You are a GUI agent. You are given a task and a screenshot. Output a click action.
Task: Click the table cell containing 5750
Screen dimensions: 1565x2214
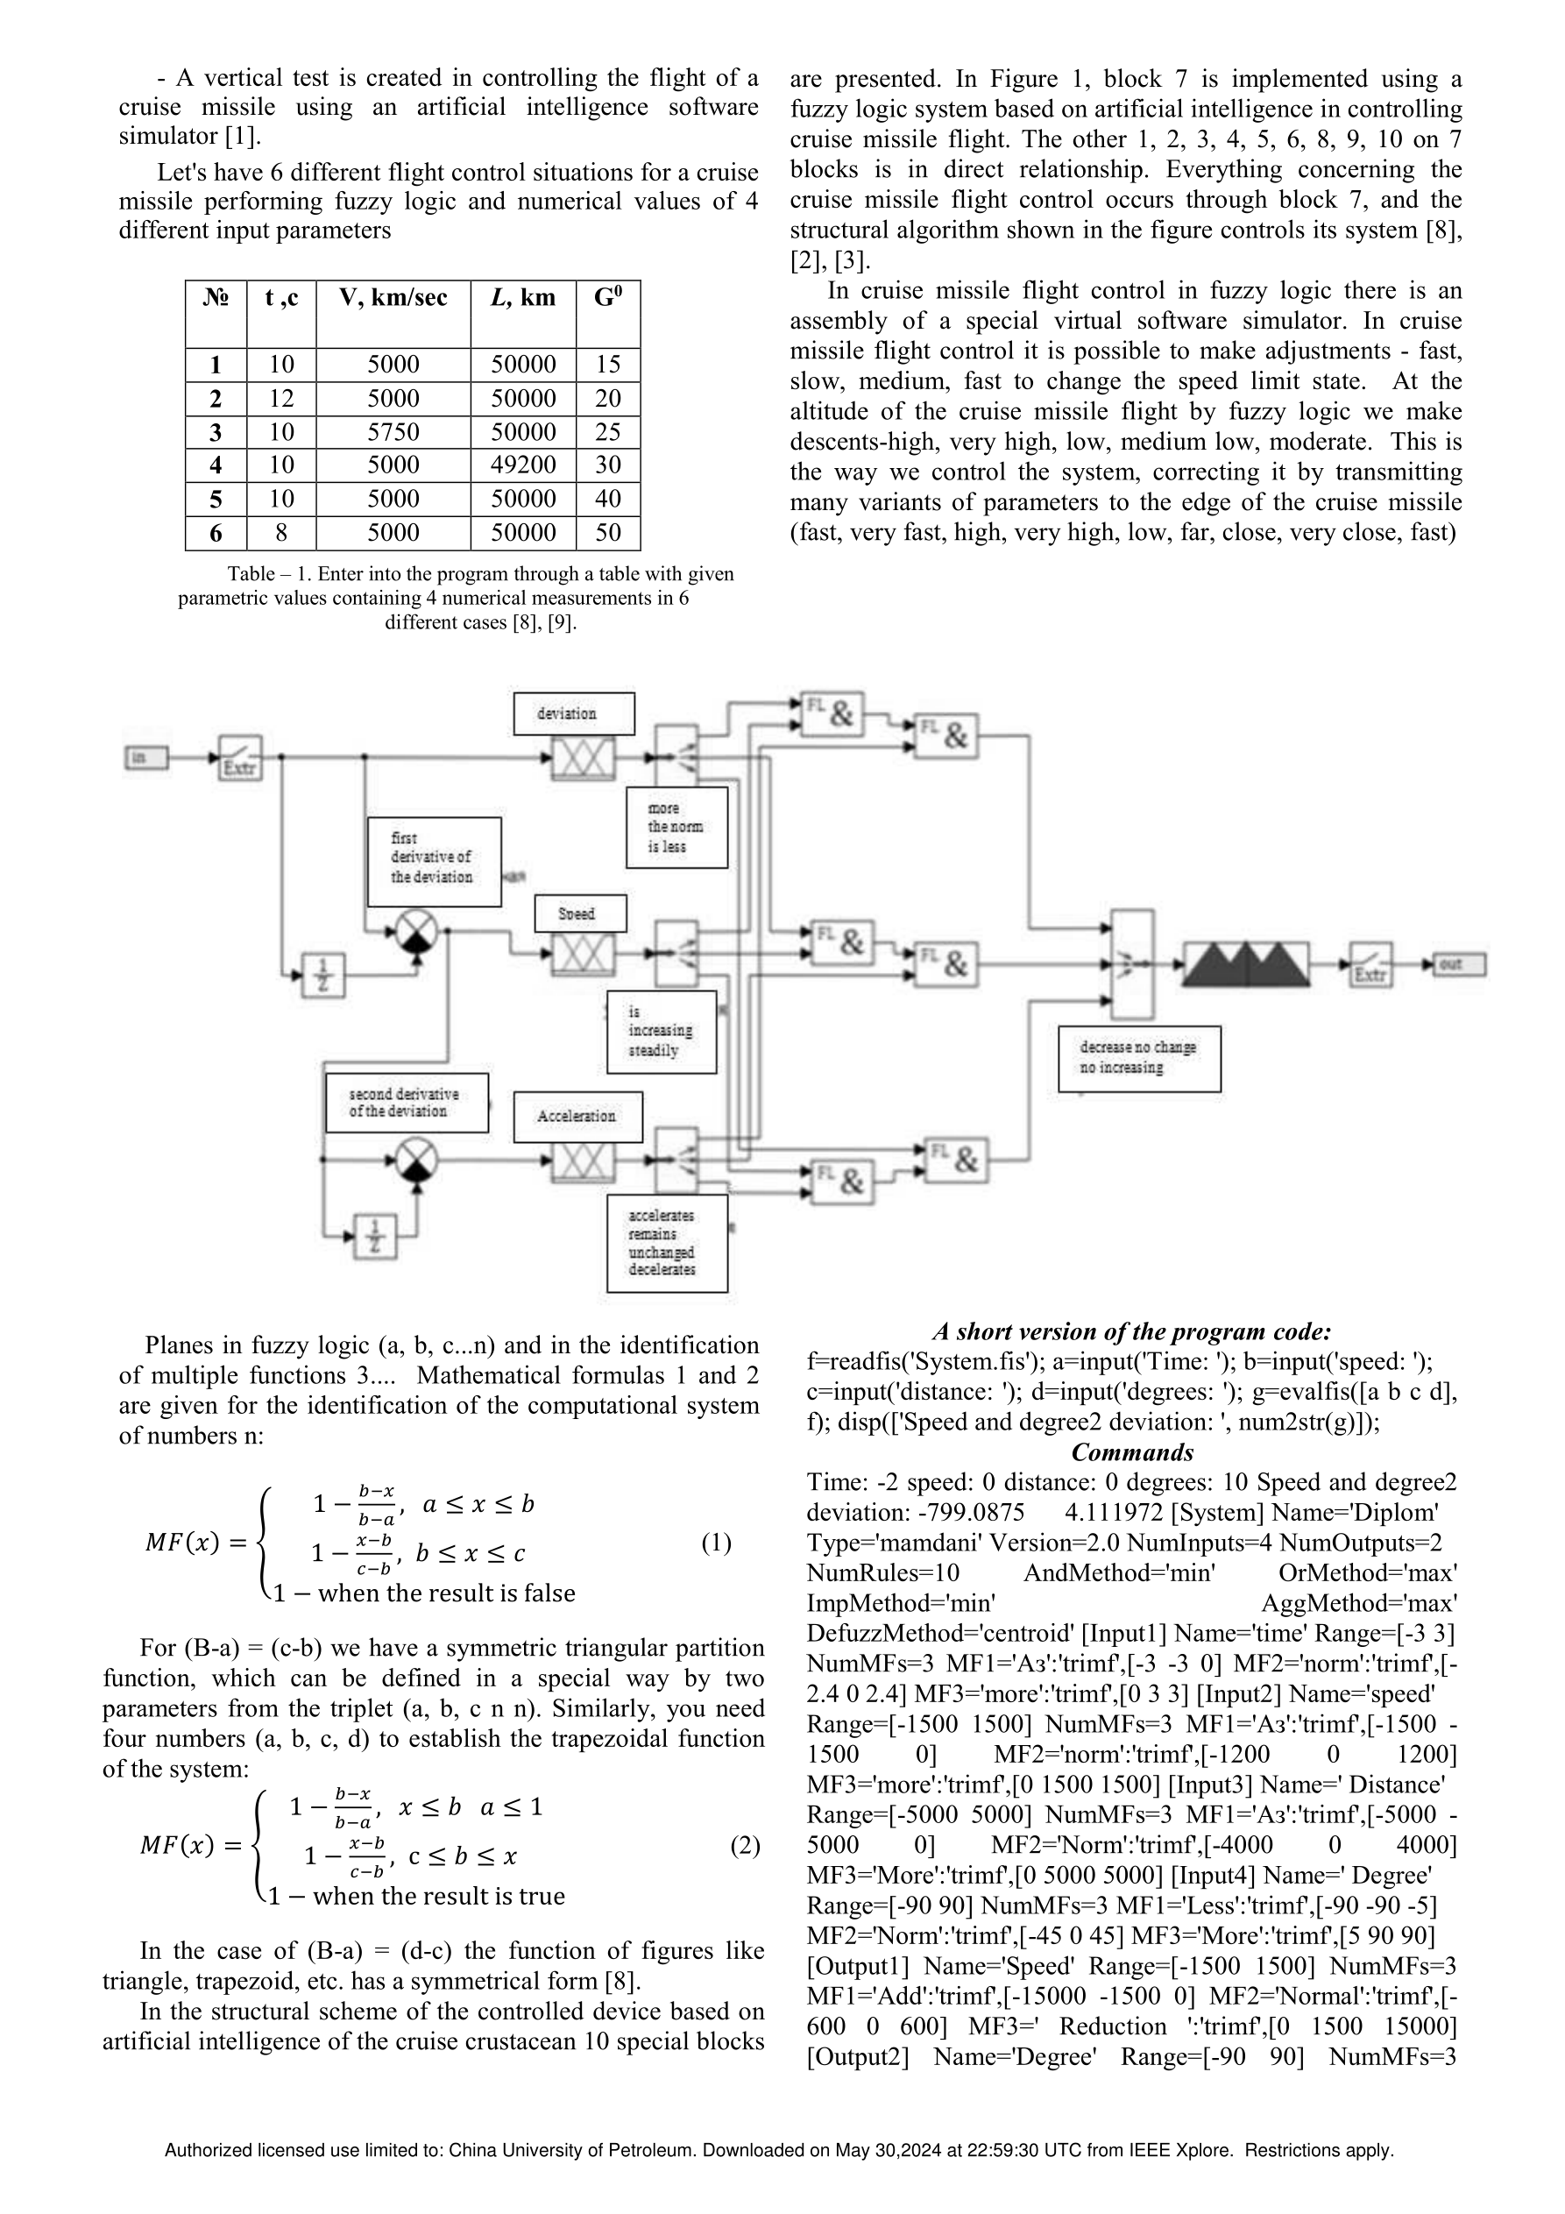coord(393,431)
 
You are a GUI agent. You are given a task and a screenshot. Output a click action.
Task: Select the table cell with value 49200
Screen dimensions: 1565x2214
coord(524,465)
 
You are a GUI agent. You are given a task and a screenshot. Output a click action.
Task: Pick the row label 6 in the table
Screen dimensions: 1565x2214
coord(216,532)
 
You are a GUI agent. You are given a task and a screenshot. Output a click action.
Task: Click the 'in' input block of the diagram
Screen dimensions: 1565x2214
coord(145,758)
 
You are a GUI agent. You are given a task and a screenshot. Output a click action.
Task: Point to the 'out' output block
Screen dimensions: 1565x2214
coord(1460,963)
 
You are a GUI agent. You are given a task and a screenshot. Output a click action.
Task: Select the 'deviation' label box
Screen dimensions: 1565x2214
coord(574,713)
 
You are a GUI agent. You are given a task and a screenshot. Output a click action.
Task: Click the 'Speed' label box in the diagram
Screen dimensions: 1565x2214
coord(580,913)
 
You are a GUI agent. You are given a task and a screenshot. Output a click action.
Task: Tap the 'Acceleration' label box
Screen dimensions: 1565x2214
coord(577,1117)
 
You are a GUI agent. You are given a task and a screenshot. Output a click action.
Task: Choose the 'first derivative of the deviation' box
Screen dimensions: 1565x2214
coord(434,861)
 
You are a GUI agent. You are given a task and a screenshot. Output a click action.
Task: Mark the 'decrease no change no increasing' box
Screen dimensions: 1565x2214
coord(1139,1059)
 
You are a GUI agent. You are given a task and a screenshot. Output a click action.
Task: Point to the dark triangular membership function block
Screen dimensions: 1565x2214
coord(1246,964)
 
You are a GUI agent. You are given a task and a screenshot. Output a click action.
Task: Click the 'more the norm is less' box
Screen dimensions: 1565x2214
coord(677,827)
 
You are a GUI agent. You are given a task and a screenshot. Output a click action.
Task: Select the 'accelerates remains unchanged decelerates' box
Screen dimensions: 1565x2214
coord(667,1243)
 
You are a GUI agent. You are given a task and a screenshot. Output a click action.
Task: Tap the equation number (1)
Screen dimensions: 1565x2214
coord(716,1543)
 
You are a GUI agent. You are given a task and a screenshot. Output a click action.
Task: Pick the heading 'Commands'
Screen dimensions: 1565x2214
coord(1132,1452)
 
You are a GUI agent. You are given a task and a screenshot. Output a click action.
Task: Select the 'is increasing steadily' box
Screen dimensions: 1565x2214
coord(662,1032)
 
